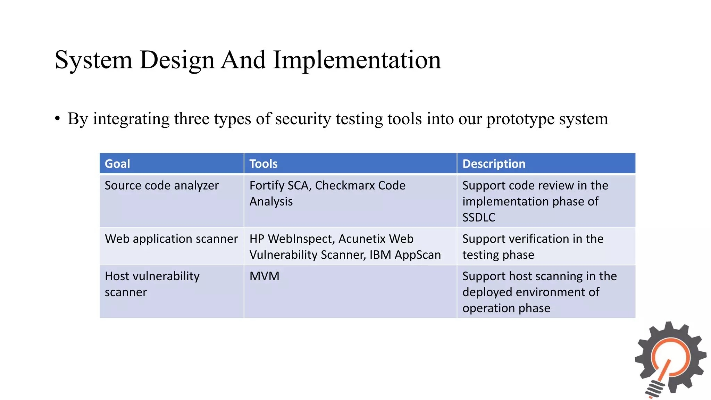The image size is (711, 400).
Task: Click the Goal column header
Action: (x=117, y=164)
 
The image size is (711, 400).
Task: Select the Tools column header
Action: (x=264, y=164)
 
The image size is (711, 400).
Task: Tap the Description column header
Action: (x=494, y=164)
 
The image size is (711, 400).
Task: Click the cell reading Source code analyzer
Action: (x=162, y=185)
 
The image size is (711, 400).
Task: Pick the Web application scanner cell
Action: (x=171, y=239)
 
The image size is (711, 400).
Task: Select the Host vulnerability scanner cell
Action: (x=152, y=284)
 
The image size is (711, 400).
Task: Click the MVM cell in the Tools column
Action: (x=265, y=276)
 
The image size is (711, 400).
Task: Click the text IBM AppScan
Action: (x=405, y=255)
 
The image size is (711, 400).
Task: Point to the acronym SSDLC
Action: (x=479, y=217)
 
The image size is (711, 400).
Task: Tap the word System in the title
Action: (x=93, y=60)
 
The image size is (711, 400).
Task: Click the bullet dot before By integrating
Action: (x=58, y=119)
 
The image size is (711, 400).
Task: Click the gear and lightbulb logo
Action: (x=670, y=359)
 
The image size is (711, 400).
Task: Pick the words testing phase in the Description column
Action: (x=498, y=255)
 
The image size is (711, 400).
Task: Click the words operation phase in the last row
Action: (x=506, y=308)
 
